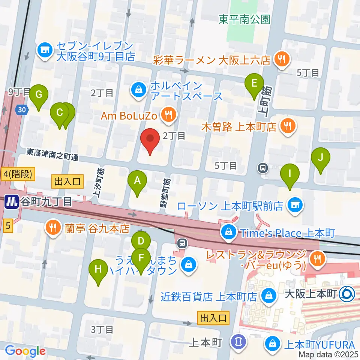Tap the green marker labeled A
coord(138,181)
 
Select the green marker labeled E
coord(254,84)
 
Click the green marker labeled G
coord(39,95)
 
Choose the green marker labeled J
coord(320,158)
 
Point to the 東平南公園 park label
coord(244,19)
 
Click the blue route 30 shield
coord(21,109)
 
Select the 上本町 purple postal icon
coord(238,342)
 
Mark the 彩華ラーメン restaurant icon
coord(280,58)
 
